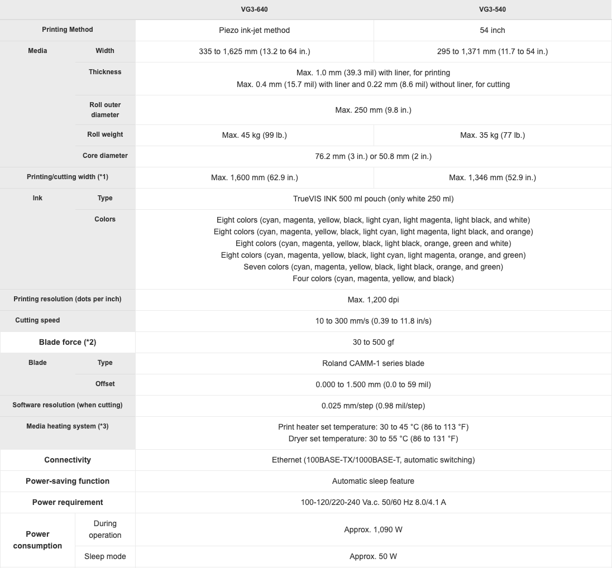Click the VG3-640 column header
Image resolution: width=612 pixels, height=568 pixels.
(x=254, y=9)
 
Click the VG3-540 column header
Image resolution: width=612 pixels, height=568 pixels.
(x=493, y=9)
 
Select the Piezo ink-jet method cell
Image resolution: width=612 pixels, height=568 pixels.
(x=254, y=30)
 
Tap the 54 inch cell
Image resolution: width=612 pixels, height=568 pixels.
(x=493, y=30)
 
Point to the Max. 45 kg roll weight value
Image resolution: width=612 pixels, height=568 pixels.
(x=254, y=135)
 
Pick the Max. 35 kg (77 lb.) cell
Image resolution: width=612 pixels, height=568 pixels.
(x=493, y=135)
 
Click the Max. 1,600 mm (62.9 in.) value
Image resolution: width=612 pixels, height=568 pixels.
(x=254, y=177)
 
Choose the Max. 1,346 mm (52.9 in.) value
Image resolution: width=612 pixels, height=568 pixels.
(x=493, y=177)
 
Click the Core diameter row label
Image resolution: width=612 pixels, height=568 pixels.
(x=105, y=156)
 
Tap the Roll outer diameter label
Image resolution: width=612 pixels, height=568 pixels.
(x=105, y=109)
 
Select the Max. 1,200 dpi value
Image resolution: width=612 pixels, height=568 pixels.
(x=373, y=300)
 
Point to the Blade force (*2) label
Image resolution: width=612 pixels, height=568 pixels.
(x=68, y=342)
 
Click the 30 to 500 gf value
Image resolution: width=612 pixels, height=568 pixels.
(x=373, y=342)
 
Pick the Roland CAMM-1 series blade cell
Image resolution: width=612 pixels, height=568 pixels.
(x=373, y=363)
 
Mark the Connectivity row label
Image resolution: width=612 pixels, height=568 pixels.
(x=68, y=460)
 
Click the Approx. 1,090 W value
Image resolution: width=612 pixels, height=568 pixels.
(x=373, y=530)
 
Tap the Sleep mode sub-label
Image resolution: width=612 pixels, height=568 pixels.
(x=105, y=556)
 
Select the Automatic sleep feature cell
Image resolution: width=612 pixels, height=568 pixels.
(x=373, y=481)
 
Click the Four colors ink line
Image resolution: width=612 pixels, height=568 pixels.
(x=373, y=278)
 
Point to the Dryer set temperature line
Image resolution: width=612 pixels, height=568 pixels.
(x=373, y=439)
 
